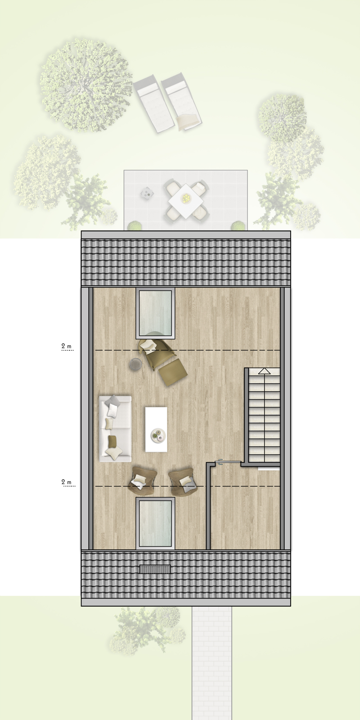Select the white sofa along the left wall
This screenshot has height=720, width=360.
[115, 428]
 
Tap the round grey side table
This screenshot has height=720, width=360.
[135, 364]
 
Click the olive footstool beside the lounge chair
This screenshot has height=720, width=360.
[172, 373]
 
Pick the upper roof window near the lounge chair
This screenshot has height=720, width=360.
[155, 314]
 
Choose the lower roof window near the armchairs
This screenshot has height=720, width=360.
[155, 523]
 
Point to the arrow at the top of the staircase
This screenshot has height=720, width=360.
[264, 371]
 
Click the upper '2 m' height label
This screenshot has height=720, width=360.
[67, 346]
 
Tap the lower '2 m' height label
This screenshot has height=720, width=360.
[67, 482]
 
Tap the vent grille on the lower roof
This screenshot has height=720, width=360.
[155, 569]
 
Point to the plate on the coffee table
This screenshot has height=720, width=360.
[158, 435]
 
